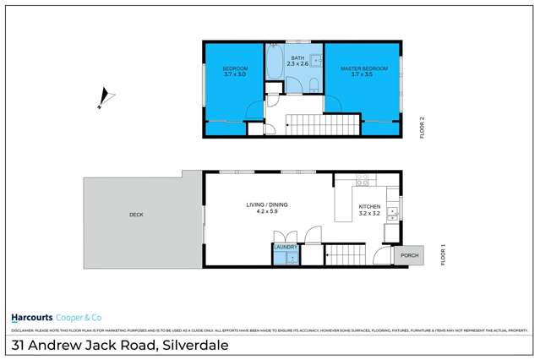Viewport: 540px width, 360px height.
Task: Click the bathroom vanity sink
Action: point(314,60)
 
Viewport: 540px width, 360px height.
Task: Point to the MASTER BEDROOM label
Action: point(363,68)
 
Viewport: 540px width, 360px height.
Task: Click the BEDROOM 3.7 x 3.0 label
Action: point(235,71)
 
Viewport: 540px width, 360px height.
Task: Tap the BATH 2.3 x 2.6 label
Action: point(297,61)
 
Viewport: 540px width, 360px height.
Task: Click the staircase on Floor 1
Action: point(345,254)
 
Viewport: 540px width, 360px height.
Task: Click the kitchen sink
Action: point(393,216)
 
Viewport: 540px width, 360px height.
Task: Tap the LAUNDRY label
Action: point(285,246)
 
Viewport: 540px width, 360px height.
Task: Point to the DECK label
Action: point(136,215)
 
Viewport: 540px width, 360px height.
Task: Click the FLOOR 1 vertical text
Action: point(445,254)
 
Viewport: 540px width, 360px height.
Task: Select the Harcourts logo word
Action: point(31,318)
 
